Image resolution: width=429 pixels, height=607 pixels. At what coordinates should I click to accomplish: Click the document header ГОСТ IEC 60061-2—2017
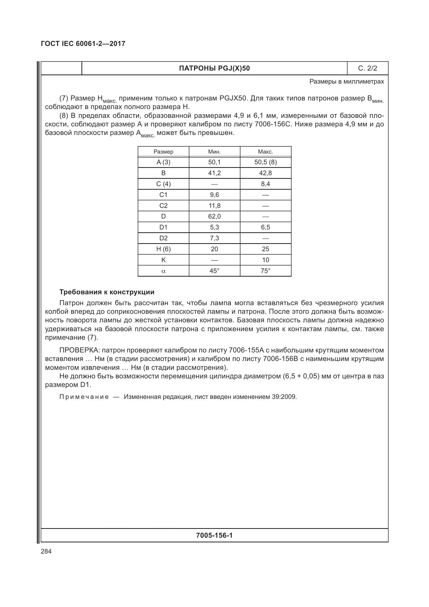coord(83,44)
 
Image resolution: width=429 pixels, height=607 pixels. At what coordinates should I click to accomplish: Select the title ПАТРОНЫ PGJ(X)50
coord(214,69)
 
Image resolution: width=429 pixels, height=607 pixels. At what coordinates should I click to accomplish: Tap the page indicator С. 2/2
coord(367,69)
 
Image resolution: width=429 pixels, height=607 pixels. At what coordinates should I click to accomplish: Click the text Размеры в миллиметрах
coord(346,82)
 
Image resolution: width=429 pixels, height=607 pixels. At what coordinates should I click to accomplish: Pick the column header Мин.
coord(214,152)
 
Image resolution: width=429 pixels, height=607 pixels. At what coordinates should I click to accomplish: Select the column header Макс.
coord(265,152)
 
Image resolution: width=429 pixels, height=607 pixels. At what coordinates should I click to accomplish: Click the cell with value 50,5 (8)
coord(265,162)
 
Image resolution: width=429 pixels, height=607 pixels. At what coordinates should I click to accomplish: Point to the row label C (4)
coord(163,184)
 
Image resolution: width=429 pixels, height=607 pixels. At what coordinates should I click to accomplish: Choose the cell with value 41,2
coord(214,173)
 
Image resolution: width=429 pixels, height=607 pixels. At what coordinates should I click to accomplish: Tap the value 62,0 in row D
coord(214,216)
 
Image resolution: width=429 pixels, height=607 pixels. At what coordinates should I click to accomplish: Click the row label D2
coord(163,238)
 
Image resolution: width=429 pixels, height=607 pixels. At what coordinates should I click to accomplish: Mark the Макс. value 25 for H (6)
coord(265,249)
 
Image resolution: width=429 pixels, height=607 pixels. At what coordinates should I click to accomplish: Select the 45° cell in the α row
coord(214,271)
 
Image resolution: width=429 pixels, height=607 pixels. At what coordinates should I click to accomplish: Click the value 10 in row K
coord(265,260)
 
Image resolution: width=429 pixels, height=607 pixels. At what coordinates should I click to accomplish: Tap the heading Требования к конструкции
coord(107,292)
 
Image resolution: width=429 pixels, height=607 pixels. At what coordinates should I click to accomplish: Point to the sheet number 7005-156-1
coord(214,535)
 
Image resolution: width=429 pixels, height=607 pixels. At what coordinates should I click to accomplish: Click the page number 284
coord(46,551)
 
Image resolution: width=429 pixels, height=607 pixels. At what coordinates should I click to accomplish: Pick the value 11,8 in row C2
coord(214,206)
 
